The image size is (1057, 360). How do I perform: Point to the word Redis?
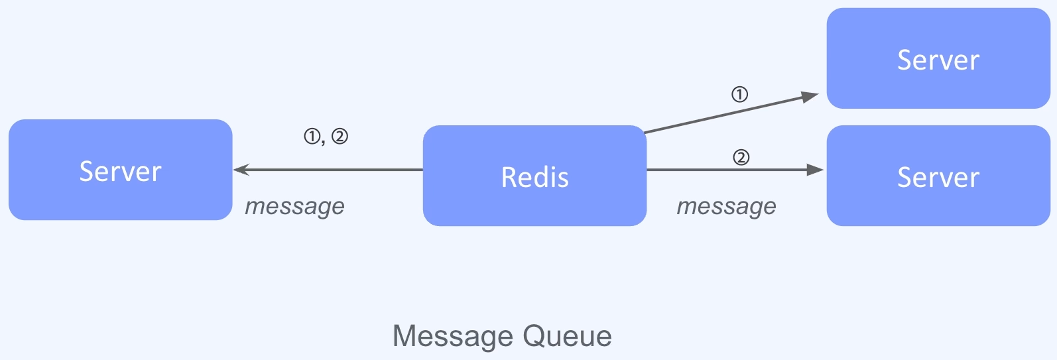click(534, 177)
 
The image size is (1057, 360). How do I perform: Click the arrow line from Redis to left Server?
click(332, 170)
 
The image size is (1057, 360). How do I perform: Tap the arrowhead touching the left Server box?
click(241, 170)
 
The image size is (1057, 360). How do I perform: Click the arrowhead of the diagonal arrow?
click(810, 97)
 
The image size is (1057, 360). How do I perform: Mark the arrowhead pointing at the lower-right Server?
click(815, 170)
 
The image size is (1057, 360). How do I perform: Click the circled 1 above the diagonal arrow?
click(739, 95)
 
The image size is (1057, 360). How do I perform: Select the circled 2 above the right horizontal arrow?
click(741, 157)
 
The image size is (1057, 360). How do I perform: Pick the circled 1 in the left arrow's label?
click(312, 137)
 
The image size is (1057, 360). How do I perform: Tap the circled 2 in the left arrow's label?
click(340, 137)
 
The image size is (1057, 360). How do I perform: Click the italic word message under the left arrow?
click(294, 206)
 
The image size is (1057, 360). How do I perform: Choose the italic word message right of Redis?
click(726, 206)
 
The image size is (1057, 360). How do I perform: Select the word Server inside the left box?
click(120, 171)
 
